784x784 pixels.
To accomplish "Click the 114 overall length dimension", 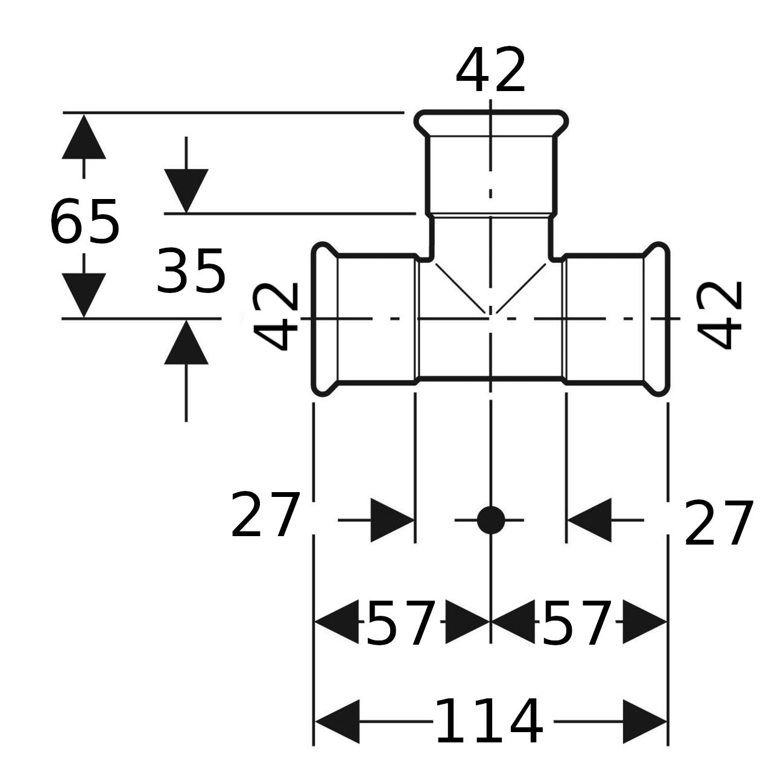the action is [490, 721].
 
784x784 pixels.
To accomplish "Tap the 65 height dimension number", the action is [84, 222].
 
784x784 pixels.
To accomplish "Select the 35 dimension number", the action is [191, 271].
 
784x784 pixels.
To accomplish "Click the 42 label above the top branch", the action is [490, 70].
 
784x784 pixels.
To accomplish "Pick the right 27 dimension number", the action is [718, 523].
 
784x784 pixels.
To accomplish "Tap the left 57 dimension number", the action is [401, 622].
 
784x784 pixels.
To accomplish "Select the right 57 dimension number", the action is [577, 622].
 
